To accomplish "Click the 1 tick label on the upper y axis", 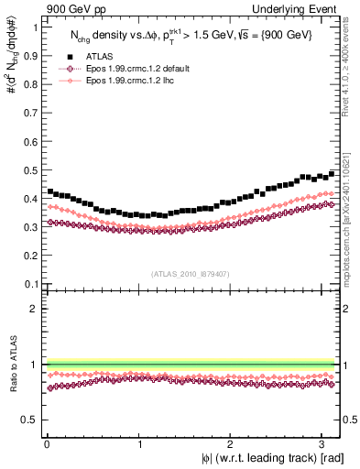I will coord(34,27).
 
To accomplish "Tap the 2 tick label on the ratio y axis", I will coord(34,309).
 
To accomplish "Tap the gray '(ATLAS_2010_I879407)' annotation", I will coord(191,272).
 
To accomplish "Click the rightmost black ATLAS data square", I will coord(332,173).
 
